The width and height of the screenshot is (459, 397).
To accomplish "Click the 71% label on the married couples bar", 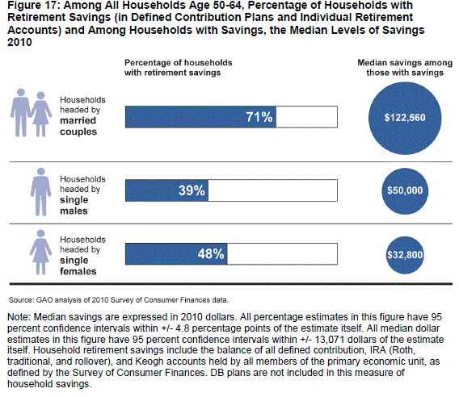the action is (259, 117).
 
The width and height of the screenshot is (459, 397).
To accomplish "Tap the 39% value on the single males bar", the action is (192, 190).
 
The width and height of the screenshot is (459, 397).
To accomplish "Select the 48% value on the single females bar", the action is (211, 253).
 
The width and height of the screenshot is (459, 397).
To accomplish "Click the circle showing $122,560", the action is (405, 118).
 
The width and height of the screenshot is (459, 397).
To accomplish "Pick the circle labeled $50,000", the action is (405, 191).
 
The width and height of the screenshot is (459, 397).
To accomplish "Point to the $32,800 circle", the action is (405, 255).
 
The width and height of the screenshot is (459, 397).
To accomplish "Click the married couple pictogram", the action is (31, 113).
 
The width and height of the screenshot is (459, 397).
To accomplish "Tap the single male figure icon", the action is (40, 192).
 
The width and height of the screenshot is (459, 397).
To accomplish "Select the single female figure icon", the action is (40, 252).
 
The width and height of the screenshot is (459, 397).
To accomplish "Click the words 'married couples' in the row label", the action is (78, 126).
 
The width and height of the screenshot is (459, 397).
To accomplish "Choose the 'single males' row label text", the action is (74, 205).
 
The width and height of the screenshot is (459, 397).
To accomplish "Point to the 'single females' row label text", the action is (78, 265).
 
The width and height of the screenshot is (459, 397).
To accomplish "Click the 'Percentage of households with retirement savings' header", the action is (179, 68).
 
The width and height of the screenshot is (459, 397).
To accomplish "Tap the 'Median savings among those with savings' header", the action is (405, 68).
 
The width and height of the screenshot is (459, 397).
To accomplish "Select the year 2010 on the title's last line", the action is (19, 43).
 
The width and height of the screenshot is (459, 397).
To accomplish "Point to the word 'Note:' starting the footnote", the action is (19, 317).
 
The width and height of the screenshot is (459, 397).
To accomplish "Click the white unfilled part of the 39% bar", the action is (272, 190).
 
